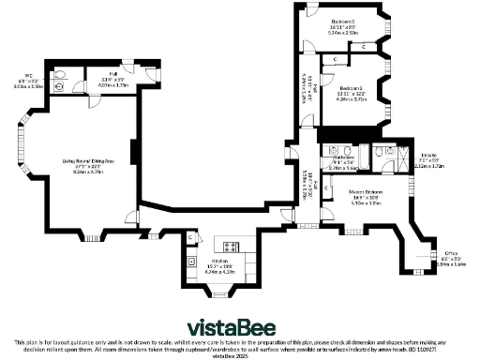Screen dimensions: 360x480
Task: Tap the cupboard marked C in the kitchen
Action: click(190, 238)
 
